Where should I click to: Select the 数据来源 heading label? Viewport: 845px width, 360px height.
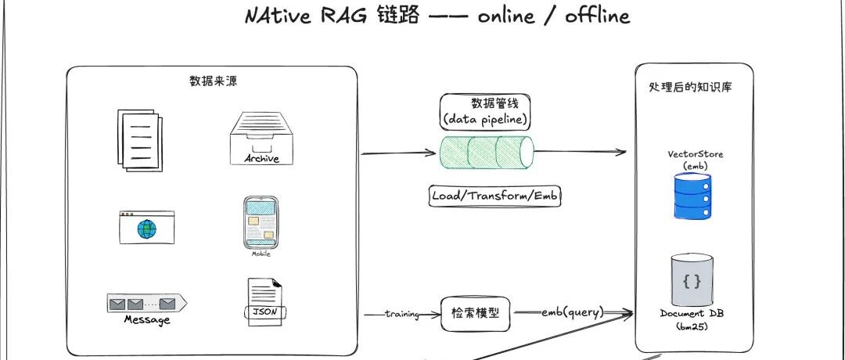click(x=211, y=81)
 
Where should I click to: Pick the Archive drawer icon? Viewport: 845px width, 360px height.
click(x=255, y=139)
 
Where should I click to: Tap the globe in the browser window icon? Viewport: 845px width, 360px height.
click(x=146, y=229)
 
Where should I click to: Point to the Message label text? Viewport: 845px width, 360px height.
click(x=146, y=320)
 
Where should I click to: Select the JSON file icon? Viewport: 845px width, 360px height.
click(x=261, y=301)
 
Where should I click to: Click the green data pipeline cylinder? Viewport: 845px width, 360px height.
click(x=485, y=152)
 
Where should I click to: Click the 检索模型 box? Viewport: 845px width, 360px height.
click(x=475, y=314)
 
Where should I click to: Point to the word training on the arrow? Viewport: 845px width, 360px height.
click(x=402, y=314)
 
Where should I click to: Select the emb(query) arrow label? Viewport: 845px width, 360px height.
click(x=573, y=313)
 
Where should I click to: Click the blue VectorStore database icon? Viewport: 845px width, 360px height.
click(x=692, y=196)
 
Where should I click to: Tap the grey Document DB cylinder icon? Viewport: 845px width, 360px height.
click(x=692, y=280)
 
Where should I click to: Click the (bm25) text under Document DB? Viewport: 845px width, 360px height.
click(x=692, y=326)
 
